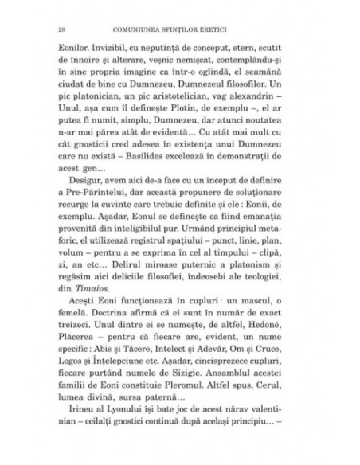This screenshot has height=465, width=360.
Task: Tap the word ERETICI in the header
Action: [x=252, y=29]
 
